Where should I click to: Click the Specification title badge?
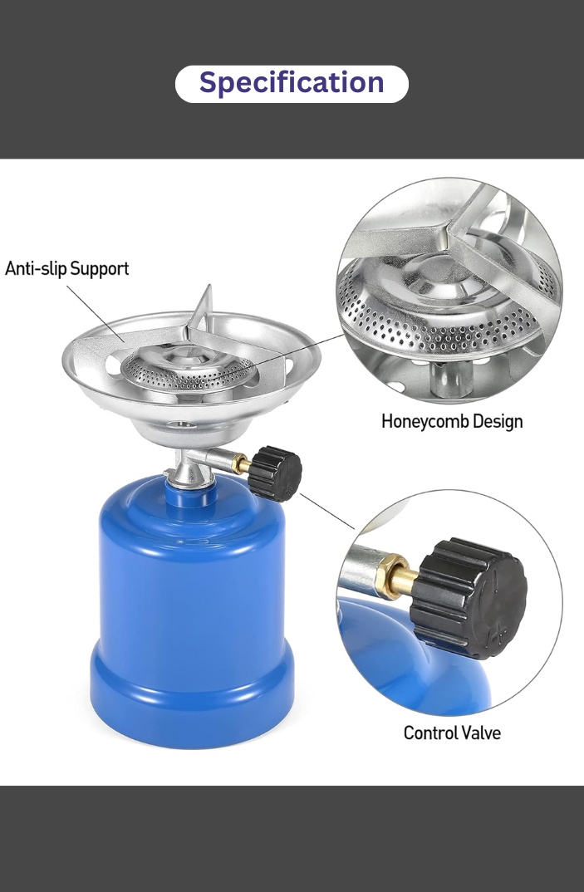[x=292, y=83]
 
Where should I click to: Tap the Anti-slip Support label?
[x=67, y=269]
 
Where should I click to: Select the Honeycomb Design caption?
[x=452, y=421]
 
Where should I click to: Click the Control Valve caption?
[x=452, y=733]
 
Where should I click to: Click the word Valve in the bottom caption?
[x=482, y=733]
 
